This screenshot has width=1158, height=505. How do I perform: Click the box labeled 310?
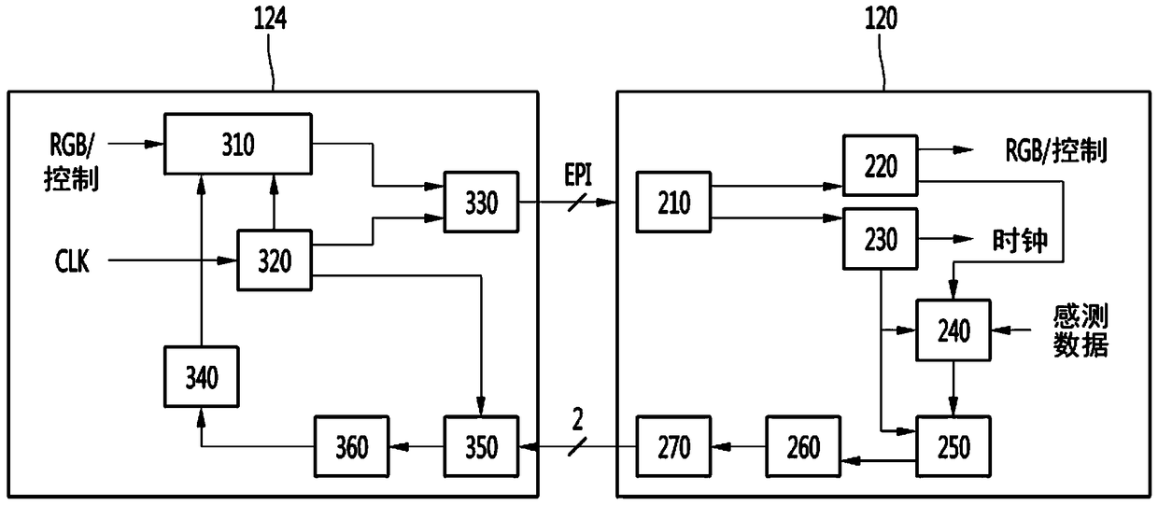click(x=238, y=144)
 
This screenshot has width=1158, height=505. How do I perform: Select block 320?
click(x=275, y=260)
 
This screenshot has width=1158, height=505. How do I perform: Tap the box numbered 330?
click(x=481, y=203)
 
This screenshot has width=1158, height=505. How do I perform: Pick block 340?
click(x=202, y=377)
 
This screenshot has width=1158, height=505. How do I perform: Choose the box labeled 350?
click(x=481, y=446)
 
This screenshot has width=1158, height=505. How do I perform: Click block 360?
click(x=352, y=446)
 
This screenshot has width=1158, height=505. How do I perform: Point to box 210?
click(x=673, y=203)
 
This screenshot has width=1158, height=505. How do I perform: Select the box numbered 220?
click(x=881, y=165)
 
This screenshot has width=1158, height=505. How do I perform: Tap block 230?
click(x=881, y=239)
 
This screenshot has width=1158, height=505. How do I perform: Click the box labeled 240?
click(x=953, y=330)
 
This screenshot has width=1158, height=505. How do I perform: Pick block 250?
click(x=953, y=446)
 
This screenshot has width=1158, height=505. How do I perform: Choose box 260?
click(x=803, y=446)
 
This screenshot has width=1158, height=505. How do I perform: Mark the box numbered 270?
click(x=673, y=446)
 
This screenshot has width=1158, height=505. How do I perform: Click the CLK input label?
click(x=72, y=261)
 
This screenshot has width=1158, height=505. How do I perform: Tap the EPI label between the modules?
click(x=578, y=175)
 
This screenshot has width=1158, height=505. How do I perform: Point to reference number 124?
click(x=270, y=19)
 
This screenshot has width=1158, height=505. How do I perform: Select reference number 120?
click(x=881, y=19)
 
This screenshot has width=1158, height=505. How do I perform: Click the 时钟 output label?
click(x=1020, y=240)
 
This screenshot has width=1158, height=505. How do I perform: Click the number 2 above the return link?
click(x=577, y=420)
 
